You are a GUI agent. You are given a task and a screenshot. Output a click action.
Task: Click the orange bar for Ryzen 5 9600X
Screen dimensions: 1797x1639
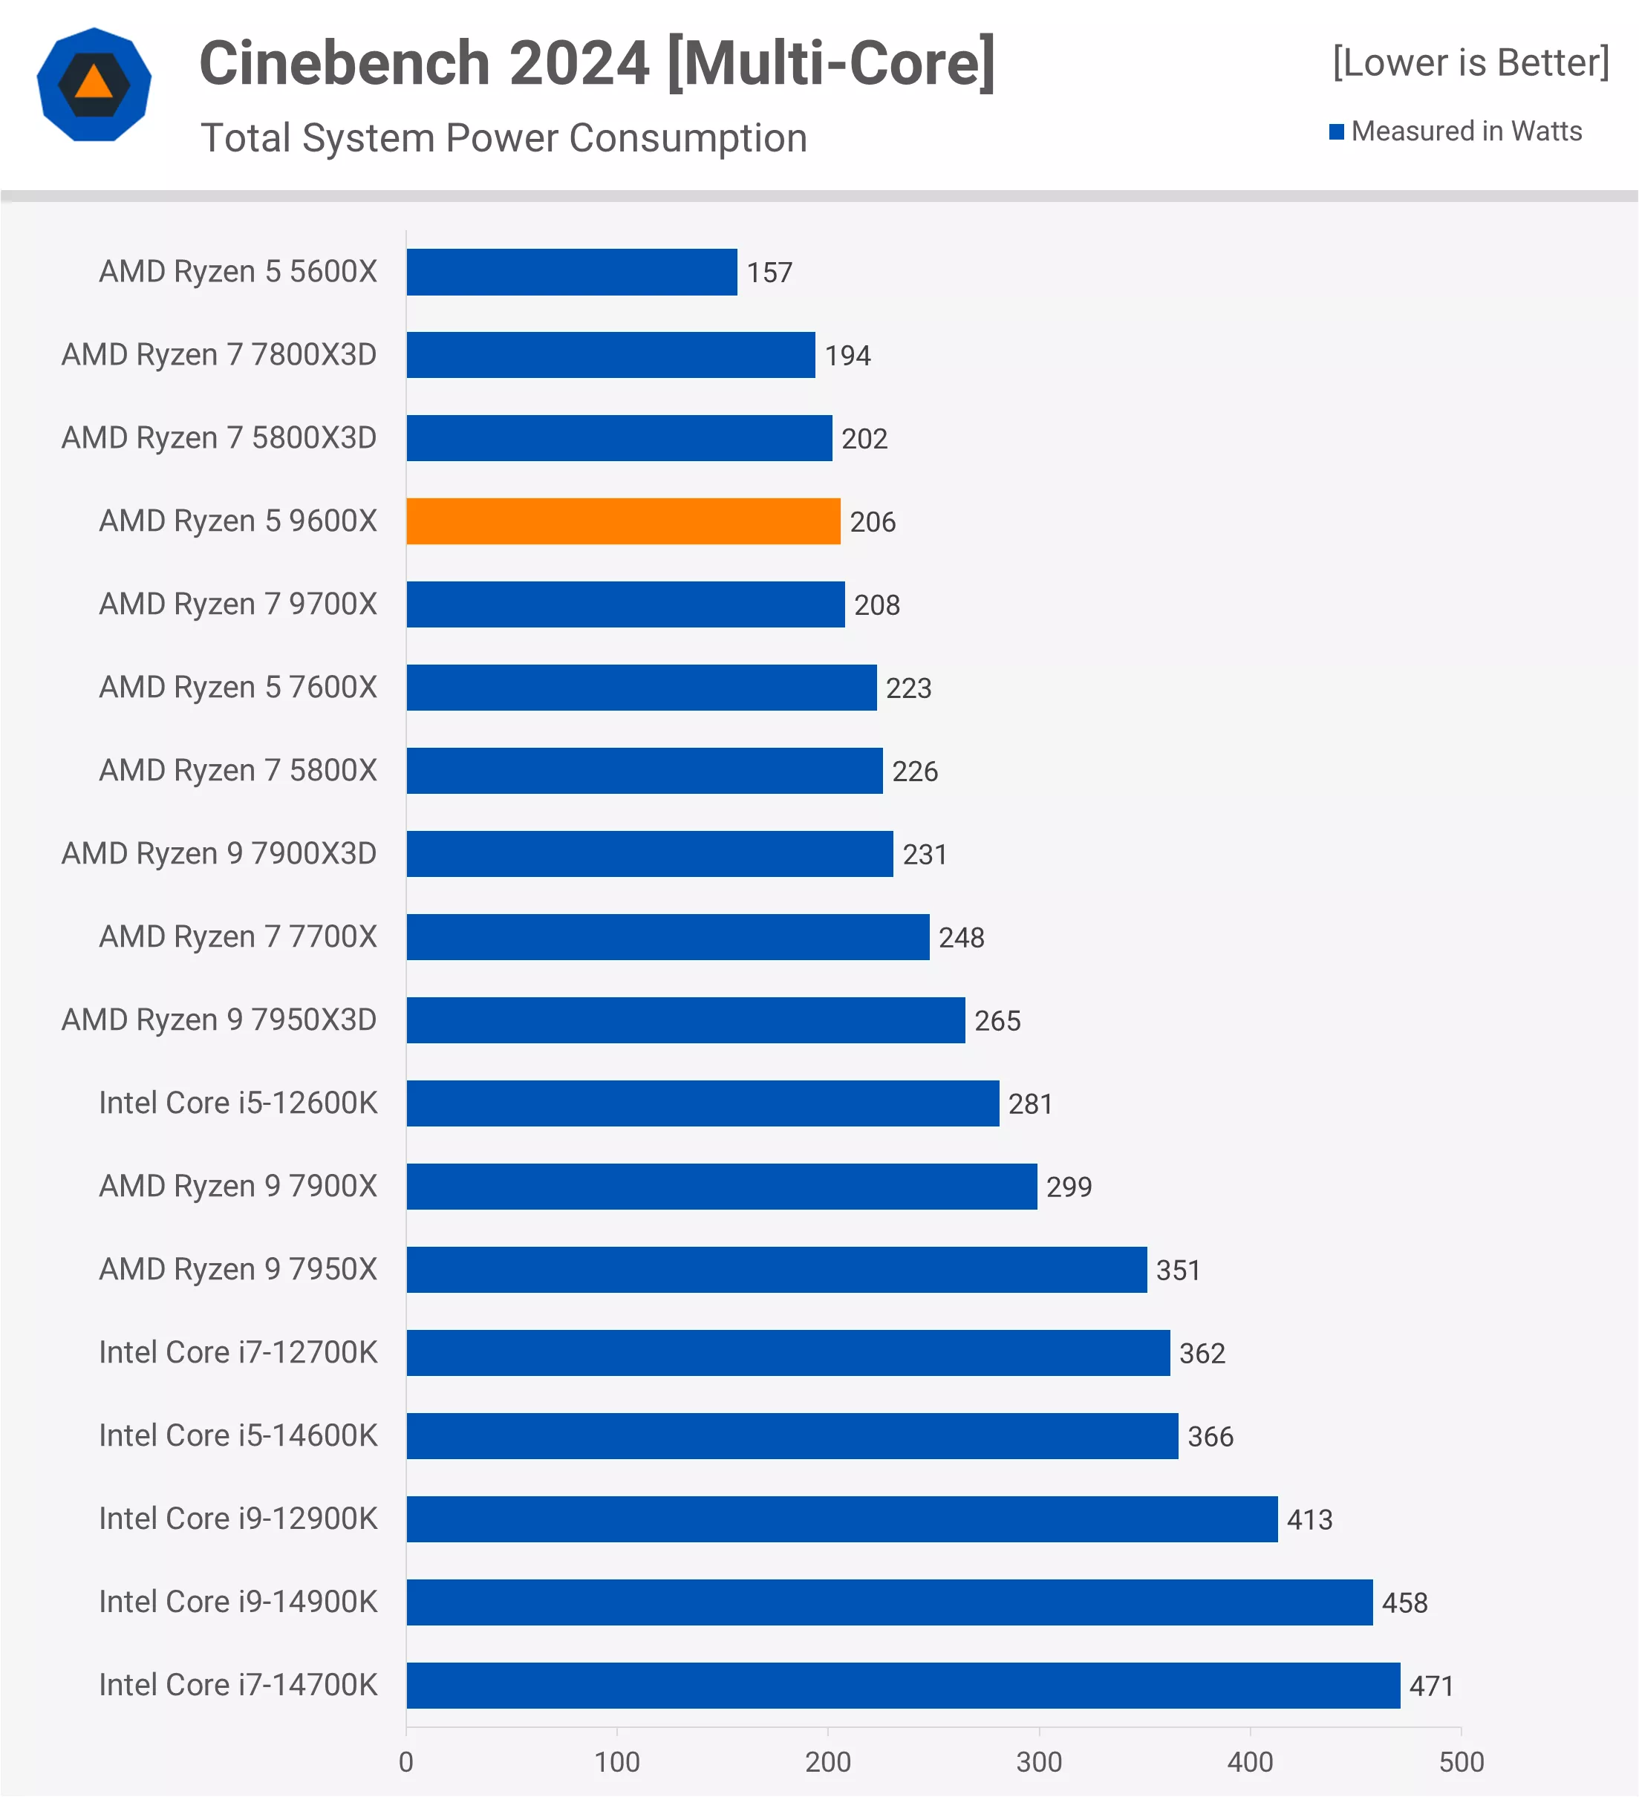[623, 521]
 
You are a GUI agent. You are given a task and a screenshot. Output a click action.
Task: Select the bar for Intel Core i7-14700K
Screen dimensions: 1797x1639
[903, 1686]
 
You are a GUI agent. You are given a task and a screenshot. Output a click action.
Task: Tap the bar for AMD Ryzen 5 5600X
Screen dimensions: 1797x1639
[571, 272]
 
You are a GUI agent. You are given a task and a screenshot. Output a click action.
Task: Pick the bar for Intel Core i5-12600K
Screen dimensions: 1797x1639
[703, 1103]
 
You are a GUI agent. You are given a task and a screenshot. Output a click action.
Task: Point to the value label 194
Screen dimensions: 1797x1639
[847, 356]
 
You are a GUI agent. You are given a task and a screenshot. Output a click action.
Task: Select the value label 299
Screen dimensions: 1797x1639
[1069, 1187]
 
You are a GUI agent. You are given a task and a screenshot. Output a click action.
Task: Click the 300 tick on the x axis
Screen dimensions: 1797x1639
[1038, 1762]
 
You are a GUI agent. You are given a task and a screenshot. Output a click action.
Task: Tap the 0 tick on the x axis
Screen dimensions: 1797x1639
[406, 1762]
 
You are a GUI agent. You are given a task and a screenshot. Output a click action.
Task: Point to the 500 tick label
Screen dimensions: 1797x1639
[1461, 1762]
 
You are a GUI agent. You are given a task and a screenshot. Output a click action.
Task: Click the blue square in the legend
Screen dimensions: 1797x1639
[1336, 132]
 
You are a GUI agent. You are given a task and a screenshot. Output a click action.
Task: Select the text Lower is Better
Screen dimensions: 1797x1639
[1470, 63]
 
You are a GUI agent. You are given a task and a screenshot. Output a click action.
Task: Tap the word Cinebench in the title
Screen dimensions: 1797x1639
[345, 63]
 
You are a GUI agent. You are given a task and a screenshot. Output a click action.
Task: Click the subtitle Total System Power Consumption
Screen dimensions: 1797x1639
[504, 138]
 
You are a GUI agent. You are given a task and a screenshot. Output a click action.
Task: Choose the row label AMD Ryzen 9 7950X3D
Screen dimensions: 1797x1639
[219, 1020]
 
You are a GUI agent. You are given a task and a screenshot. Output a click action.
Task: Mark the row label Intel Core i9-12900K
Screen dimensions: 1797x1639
[238, 1519]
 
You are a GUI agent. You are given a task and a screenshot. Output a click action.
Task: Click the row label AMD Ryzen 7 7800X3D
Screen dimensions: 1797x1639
[219, 355]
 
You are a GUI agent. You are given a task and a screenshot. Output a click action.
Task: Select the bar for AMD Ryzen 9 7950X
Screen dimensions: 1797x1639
[776, 1269]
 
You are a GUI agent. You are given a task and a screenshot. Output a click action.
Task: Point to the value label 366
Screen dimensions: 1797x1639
[1210, 1437]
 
